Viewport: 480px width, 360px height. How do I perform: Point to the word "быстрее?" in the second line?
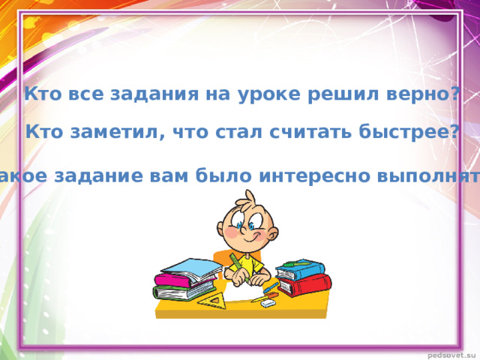[414, 133]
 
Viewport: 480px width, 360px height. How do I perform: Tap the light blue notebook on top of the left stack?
[191, 267]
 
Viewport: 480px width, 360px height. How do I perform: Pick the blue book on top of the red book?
[301, 271]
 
